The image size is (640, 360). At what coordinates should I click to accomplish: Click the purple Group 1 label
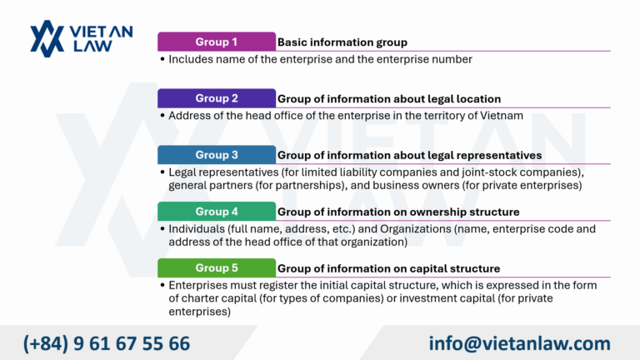pyautogui.click(x=216, y=42)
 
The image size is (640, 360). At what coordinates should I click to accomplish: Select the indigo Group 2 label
pyautogui.click(x=216, y=98)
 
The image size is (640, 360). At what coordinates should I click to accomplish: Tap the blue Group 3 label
pyautogui.click(x=216, y=155)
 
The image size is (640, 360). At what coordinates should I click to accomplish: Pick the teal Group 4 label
pyautogui.click(x=216, y=212)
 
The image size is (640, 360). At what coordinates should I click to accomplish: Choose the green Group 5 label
pyautogui.click(x=216, y=268)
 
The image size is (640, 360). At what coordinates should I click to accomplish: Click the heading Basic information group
pyautogui.click(x=342, y=42)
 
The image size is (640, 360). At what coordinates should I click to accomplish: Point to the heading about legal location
pyautogui.click(x=389, y=98)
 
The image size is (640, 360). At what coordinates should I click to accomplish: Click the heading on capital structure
pyautogui.click(x=388, y=268)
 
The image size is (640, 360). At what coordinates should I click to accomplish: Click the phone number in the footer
pyautogui.click(x=107, y=343)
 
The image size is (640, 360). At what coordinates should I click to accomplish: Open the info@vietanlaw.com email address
pyautogui.click(x=520, y=343)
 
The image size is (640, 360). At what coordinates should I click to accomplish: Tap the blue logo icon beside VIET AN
pyautogui.click(x=47, y=38)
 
